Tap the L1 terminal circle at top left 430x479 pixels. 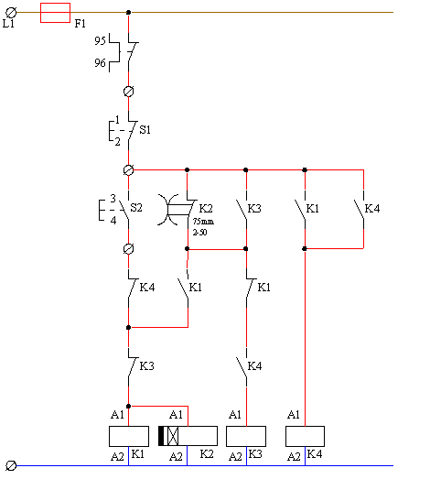(11, 13)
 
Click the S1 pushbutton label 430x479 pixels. (145, 130)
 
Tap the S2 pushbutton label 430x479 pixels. (136, 208)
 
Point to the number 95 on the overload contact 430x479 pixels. (100, 40)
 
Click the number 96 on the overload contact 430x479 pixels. (100, 63)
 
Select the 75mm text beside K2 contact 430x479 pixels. (203, 221)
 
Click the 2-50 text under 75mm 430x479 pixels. (199, 233)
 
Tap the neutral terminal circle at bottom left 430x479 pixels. (11, 465)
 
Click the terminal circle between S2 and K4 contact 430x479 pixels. (128, 249)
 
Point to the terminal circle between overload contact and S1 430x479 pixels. (128, 92)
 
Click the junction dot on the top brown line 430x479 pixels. (128, 13)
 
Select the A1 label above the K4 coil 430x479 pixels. (294, 415)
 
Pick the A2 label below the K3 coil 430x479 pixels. (235, 457)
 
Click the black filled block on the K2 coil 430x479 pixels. (161, 436)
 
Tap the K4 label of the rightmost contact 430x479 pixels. (372, 209)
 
